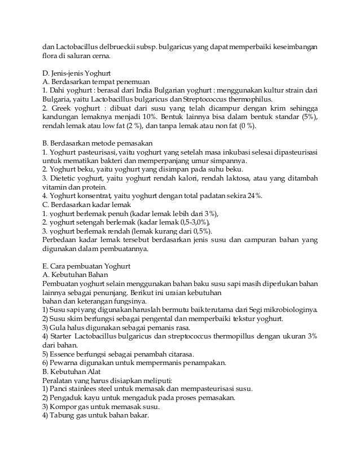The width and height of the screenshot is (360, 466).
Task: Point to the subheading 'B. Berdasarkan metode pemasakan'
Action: pyautogui.click(x=93, y=143)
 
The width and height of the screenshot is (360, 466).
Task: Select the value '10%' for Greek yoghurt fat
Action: pyautogui.click(x=137, y=116)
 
